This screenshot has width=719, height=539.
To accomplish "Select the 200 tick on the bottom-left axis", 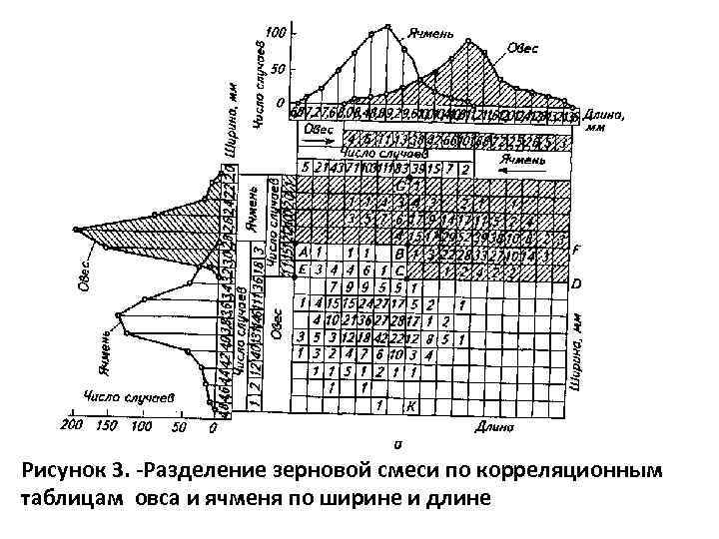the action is pos(71,426).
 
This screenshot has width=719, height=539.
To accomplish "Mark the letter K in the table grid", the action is pos(411,405).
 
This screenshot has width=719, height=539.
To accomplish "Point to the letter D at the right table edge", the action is pos(577,284).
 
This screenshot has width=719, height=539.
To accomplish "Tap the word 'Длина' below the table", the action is pos(494,427).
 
